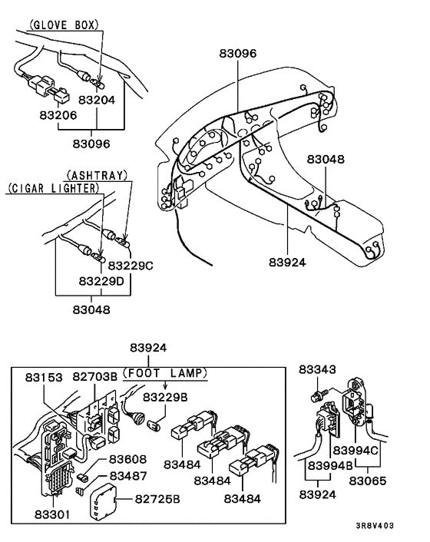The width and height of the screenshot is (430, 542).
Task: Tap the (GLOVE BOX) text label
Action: point(63,25)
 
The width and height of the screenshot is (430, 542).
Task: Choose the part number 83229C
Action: point(130,266)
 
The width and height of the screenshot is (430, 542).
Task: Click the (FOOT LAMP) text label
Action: point(164,374)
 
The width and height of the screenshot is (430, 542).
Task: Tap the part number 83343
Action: point(319,371)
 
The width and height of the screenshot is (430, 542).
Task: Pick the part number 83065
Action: point(370,481)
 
